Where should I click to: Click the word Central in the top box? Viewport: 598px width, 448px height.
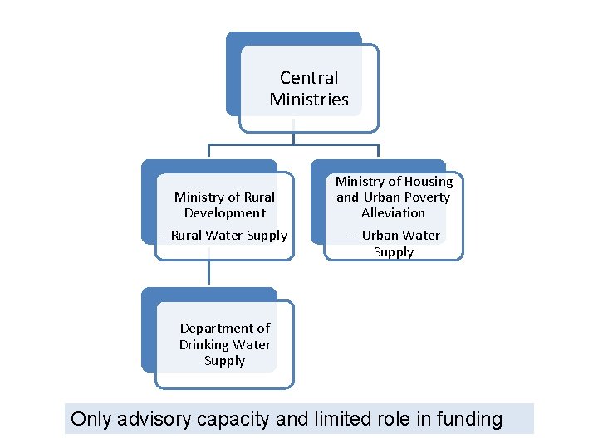point(309,78)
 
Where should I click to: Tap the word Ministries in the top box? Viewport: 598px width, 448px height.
point(309,100)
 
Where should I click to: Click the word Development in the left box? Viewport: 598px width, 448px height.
point(224,213)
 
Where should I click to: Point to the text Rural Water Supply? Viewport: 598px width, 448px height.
point(228,236)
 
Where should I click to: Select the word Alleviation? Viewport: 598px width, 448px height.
point(393,213)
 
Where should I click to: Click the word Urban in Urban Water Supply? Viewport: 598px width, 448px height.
point(380,236)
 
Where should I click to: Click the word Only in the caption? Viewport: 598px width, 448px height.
point(90,419)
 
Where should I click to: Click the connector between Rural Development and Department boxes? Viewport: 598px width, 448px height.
point(208,274)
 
